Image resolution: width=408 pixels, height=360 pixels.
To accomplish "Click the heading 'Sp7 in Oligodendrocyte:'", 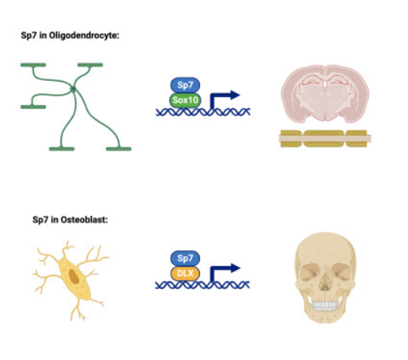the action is [x=70, y=35].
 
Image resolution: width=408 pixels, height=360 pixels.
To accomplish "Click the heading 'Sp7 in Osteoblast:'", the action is [x=70, y=220].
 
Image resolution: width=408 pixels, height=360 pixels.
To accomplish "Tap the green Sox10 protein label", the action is [x=185, y=100].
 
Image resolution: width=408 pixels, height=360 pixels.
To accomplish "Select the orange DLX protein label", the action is [x=185, y=274].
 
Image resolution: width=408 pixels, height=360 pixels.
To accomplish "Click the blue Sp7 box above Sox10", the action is [x=185, y=85].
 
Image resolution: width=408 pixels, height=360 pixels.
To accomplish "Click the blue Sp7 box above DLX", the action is [x=185, y=258].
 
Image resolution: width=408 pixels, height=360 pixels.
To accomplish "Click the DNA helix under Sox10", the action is [x=203, y=112].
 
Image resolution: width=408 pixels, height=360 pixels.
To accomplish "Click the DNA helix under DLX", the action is [x=202, y=285].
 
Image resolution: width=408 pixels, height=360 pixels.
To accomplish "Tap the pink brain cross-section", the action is [x=325, y=93].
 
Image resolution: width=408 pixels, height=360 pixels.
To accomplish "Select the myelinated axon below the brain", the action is [x=325, y=139].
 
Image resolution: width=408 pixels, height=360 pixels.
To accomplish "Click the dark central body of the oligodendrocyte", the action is [x=73, y=89].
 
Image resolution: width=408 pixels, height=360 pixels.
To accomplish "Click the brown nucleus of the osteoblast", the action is [x=74, y=276].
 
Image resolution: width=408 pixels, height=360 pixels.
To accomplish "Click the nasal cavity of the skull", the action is [x=325, y=282].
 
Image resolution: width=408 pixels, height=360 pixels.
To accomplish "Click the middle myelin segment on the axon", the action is [x=324, y=139].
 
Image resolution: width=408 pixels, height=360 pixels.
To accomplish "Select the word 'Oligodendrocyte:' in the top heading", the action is [x=84, y=35].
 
